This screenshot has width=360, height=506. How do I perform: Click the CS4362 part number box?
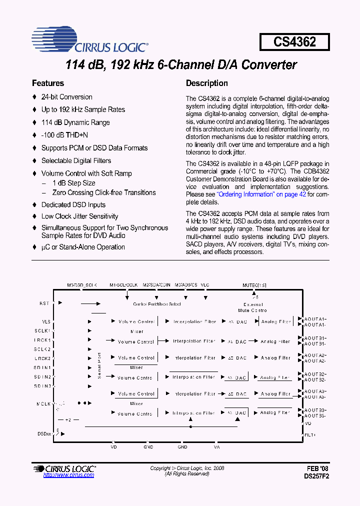[294, 42]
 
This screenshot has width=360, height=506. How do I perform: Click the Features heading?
[48, 83]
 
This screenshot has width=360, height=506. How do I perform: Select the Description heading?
[207, 83]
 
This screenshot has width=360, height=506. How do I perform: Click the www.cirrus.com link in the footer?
[68, 475]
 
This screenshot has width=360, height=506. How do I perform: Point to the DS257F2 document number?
[316, 476]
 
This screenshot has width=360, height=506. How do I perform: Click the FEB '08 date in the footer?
[318, 468]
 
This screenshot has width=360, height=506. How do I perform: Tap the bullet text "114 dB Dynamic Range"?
[75, 122]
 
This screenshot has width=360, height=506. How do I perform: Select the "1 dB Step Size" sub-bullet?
[74, 183]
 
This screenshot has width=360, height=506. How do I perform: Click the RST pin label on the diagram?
[44, 303]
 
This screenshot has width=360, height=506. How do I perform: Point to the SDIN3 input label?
[42, 385]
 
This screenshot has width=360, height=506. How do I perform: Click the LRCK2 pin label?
[42, 358]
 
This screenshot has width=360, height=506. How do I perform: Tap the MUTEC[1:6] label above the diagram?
[254, 285]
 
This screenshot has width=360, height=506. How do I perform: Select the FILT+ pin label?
[310, 435]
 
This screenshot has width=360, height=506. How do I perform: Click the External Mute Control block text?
[252, 307]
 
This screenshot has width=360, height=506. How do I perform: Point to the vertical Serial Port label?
[99, 365]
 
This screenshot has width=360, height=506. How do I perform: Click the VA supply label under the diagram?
[216, 447]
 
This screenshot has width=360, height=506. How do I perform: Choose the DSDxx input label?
[44, 433]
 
